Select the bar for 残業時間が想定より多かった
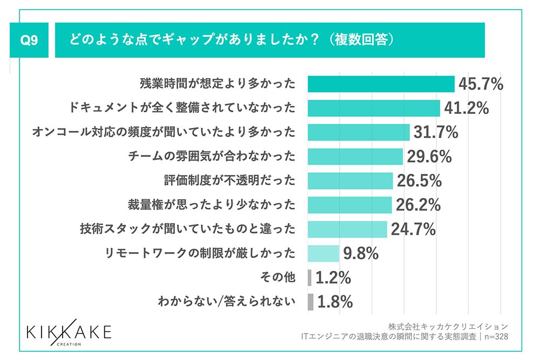tap(381, 84)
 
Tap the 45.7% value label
tap(481, 84)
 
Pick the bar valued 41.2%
tap(374, 108)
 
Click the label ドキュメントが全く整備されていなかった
tap(183, 108)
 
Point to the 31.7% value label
tap(435, 132)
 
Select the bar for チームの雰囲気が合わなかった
tap(355, 157)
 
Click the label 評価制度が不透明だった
tap(230, 180)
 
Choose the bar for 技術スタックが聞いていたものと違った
tap(347, 229)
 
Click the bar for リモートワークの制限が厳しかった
tap(323, 253)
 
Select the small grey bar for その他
tap(309, 277)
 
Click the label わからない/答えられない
tap(226, 302)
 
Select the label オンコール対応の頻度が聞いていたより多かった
tap(164, 132)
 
